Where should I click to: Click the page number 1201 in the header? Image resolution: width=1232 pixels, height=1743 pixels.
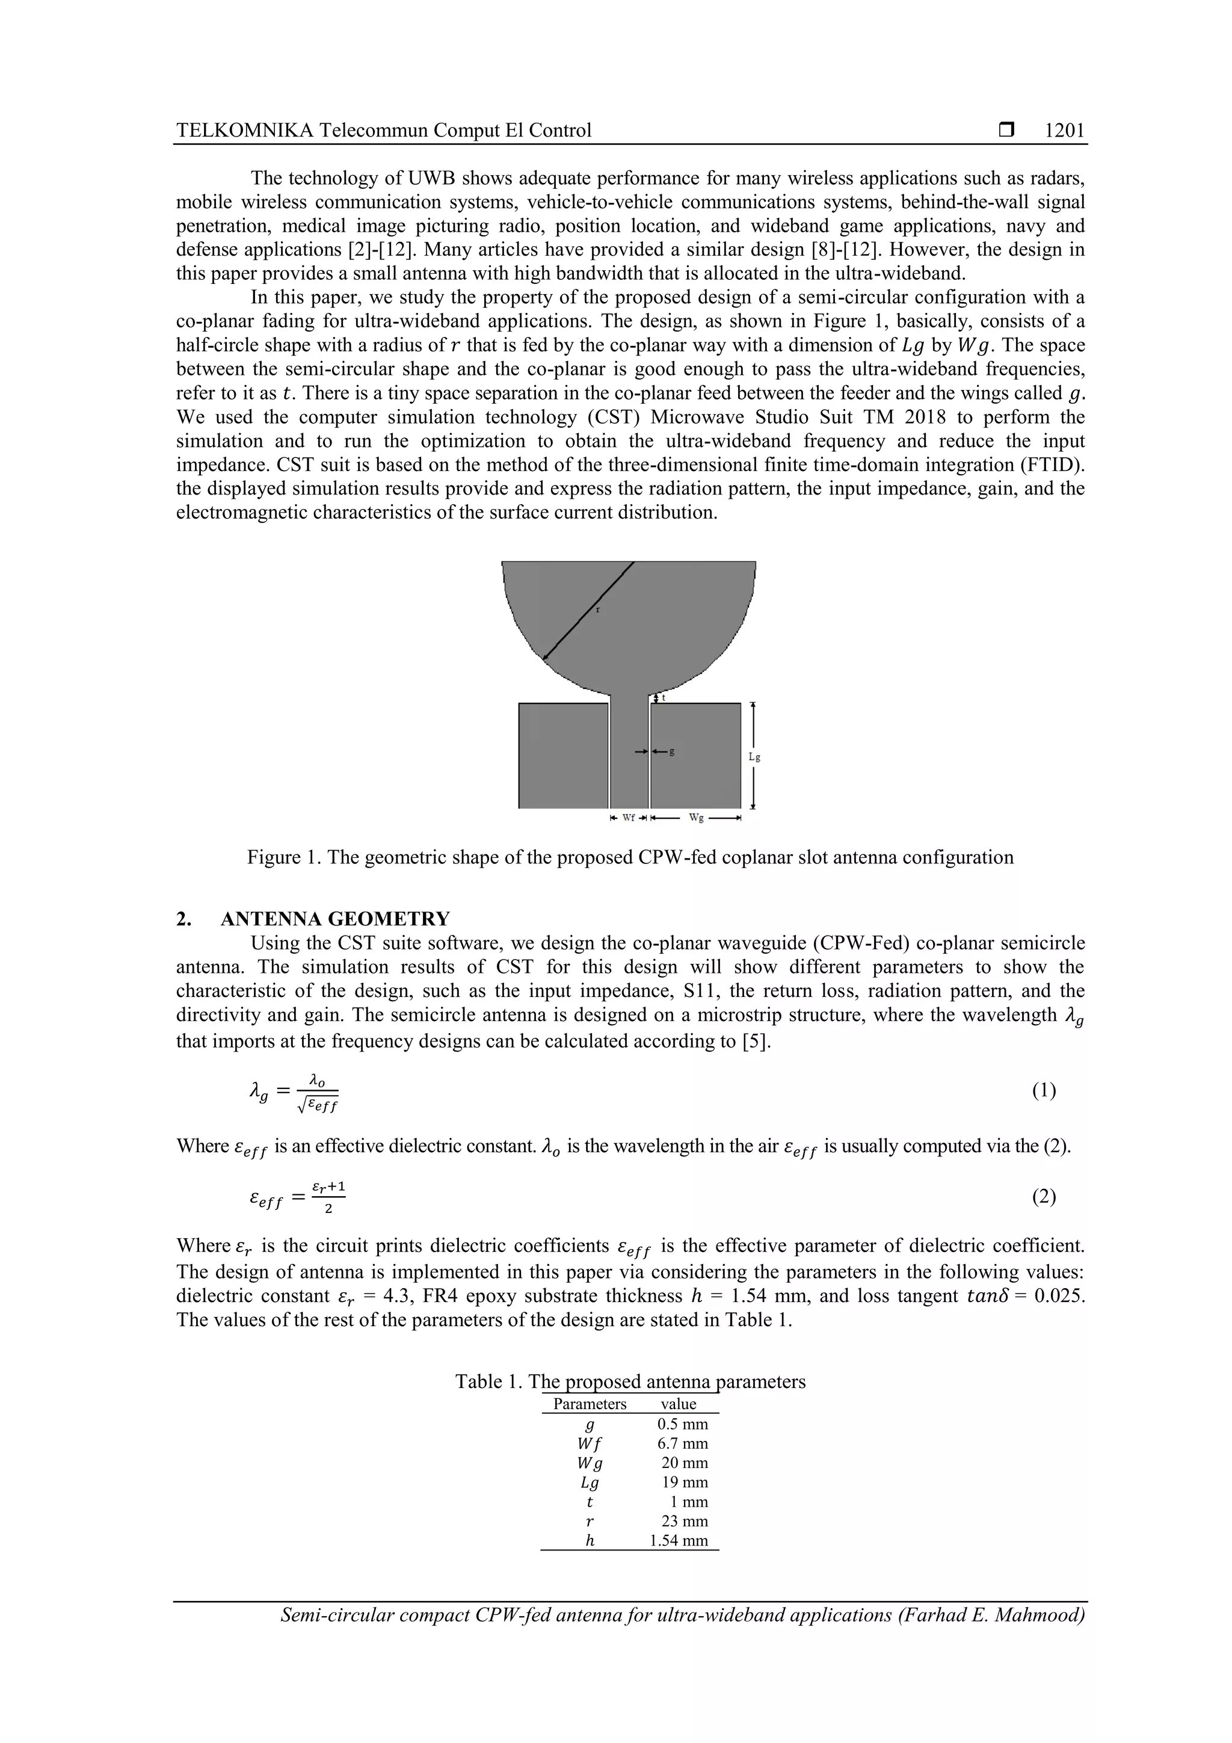(1064, 131)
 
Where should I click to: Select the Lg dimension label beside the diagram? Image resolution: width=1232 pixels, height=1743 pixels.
(754, 757)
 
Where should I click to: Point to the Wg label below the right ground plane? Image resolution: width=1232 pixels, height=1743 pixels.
(695, 818)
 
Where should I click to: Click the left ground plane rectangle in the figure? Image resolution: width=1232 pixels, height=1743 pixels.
(563, 754)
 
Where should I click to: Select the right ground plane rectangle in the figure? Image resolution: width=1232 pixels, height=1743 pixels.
(695, 754)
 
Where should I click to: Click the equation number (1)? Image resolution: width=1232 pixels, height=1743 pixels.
(1044, 1091)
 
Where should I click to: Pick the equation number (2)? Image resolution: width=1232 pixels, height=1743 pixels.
(1044, 1197)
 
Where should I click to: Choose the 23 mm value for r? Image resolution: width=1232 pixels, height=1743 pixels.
(685, 1520)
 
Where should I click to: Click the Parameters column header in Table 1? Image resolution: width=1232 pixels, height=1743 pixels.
(590, 1404)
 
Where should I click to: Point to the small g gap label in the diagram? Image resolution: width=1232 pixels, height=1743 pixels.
(672, 751)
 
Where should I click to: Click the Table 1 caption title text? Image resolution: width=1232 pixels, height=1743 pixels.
(630, 1381)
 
